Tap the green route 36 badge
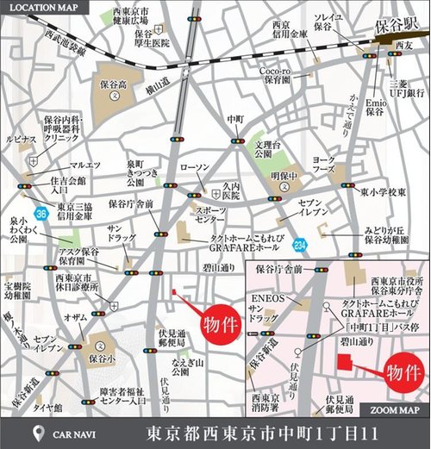(41, 210)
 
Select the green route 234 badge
(299, 245)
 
